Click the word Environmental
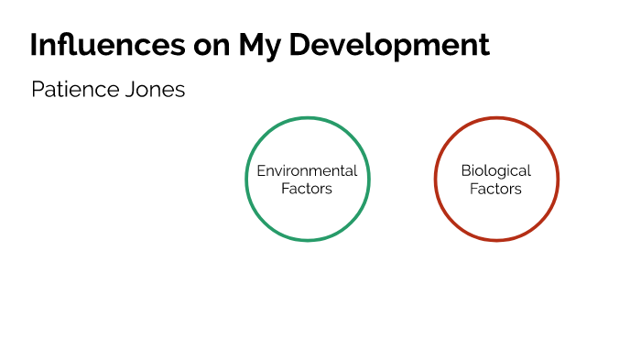(307, 171)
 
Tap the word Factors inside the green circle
(307, 189)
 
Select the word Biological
(495, 171)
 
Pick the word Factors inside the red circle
(495, 189)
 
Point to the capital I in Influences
(34, 45)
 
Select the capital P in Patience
(37, 90)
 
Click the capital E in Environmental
(260, 171)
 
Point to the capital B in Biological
(465, 171)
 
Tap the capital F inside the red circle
(473, 189)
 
